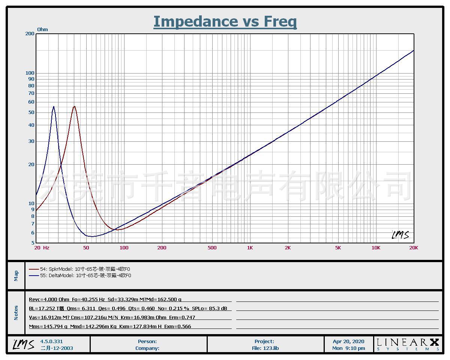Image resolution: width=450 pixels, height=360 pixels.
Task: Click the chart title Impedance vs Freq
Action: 225,21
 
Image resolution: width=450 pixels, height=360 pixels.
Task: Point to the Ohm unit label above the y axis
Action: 42,29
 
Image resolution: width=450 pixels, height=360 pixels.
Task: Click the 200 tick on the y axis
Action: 30,34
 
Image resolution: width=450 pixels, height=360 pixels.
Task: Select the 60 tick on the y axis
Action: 31,102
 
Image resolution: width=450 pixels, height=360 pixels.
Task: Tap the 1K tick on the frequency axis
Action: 250,247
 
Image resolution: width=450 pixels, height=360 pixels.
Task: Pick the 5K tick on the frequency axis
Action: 338,247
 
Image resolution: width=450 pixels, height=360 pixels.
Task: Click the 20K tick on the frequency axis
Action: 414,247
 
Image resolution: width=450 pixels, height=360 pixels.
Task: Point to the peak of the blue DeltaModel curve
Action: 54,106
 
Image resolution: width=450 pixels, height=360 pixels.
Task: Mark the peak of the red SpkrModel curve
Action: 74,106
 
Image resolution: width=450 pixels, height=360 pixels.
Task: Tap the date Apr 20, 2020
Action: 348,341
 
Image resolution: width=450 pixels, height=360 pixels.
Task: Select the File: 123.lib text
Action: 265,348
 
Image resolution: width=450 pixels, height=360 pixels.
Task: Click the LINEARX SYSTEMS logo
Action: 408,344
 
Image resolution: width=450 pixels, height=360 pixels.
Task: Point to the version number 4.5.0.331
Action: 52,341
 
